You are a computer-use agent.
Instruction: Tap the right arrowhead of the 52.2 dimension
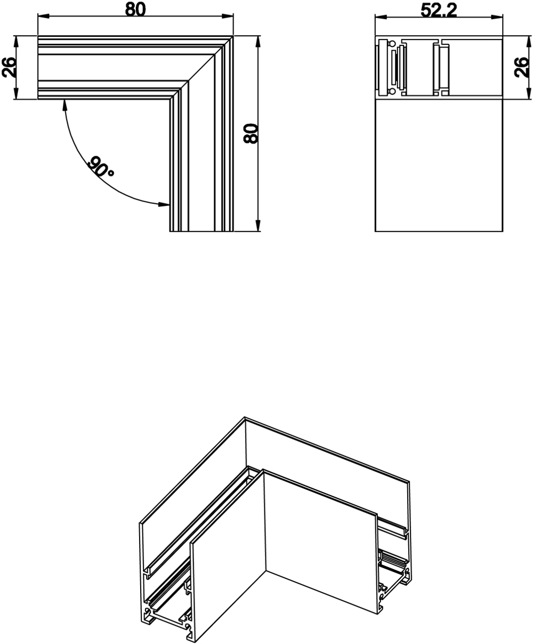pyautogui.click(x=499, y=18)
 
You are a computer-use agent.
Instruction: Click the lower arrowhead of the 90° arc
pyautogui.click(x=165, y=203)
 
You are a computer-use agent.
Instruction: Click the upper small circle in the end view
pyautogui.click(x=393, y=42)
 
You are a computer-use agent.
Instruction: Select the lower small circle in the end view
pyautogui.click(x=393, y=92)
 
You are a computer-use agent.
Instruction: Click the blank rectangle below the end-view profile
pyautogui.click(x=439, y=165)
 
